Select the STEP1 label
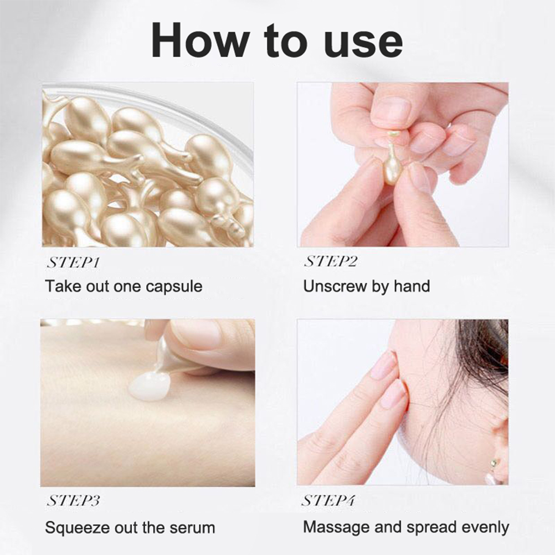coord(73,263)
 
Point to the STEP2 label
coord(331,261)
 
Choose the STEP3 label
coord(73,501)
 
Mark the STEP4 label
coord(328,501)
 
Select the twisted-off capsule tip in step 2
coord(394,134)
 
